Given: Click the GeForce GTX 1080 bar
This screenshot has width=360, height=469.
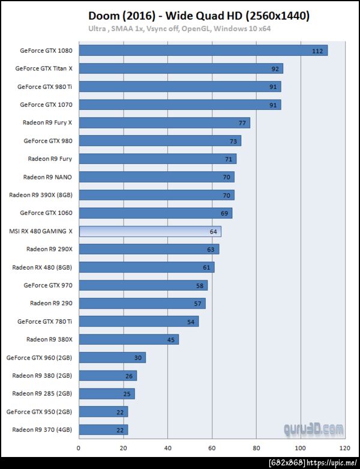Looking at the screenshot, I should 203,50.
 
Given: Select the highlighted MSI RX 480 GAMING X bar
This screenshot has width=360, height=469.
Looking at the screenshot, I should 150,231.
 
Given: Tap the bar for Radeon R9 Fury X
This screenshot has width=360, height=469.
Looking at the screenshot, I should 164,123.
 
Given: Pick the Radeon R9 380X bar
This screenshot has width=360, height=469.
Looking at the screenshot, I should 128,339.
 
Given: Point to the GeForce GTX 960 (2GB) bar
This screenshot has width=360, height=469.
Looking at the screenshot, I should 112,357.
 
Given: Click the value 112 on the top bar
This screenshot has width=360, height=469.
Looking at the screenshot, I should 317,51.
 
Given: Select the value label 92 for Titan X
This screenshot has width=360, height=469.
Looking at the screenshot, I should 275,69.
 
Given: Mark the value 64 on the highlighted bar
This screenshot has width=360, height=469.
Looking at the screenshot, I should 213,231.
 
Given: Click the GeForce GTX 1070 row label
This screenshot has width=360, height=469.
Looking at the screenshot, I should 46,104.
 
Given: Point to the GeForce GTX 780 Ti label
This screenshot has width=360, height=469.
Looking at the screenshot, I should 44,321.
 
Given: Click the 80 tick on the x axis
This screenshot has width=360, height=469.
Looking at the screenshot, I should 256,448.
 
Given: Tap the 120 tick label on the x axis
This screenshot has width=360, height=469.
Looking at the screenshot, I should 344,448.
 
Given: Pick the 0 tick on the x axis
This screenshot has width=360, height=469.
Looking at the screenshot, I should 79,448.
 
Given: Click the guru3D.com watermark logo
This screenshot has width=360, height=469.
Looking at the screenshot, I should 314,429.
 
